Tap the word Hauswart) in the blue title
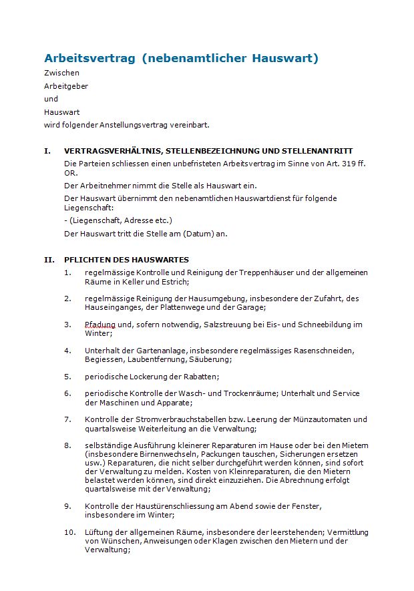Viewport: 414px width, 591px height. point(285,58)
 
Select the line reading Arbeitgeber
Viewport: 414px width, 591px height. point(66,86)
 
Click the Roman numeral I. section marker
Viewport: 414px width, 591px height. point(47,151)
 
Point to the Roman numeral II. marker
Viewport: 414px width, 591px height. point(49,260)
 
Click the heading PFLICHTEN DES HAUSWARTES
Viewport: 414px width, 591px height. point(126,260)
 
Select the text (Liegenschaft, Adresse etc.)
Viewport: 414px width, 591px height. point(118,220)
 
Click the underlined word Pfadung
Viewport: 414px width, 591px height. point(100,325)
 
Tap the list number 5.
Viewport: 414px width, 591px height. point(67,377)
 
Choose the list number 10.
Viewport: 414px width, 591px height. point(69,532)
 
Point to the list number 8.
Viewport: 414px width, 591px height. point(67,445)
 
